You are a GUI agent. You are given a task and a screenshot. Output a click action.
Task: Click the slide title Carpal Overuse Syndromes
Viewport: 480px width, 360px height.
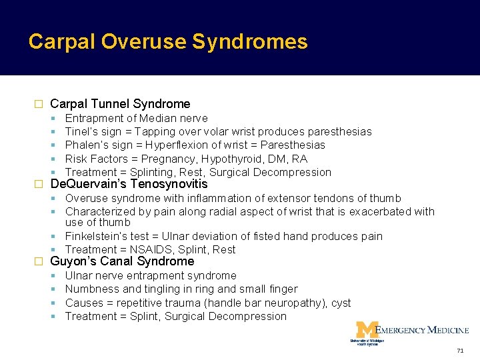168,42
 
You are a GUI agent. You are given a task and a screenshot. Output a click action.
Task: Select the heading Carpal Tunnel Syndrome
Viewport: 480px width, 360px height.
120,104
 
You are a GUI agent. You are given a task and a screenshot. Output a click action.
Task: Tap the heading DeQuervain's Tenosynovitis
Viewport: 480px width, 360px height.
129,184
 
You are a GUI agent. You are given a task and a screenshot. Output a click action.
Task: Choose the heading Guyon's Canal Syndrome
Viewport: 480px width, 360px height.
122,261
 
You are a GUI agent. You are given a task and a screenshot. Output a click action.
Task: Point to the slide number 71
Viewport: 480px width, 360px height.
460,351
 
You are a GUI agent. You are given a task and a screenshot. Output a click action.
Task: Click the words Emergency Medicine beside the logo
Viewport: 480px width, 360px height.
422,329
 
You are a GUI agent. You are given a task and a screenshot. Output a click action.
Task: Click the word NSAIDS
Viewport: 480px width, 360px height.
150,249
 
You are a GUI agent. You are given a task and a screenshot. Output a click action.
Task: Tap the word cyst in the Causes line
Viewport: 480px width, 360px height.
341,303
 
